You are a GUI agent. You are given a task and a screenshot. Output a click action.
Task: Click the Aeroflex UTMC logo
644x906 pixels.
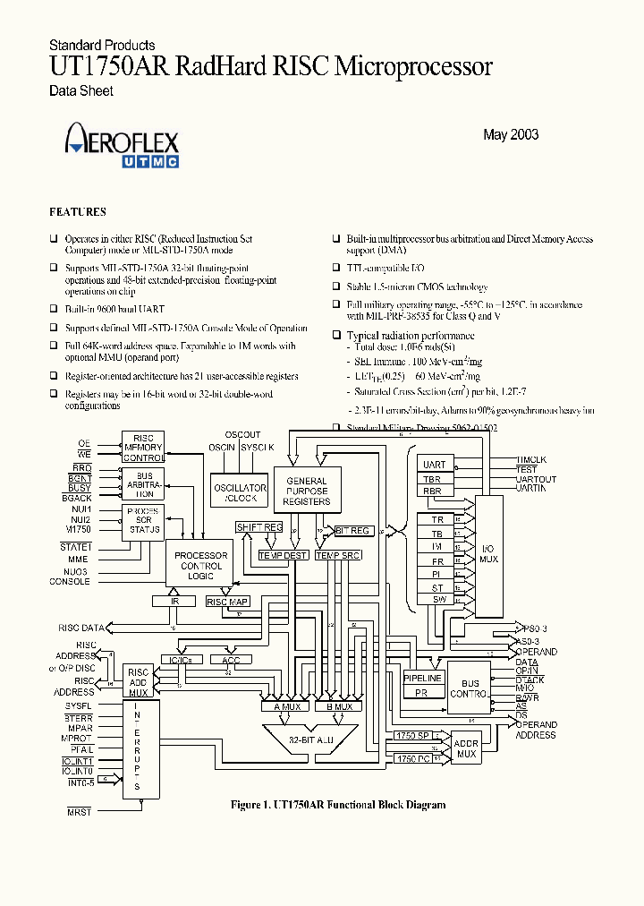pos(122,148)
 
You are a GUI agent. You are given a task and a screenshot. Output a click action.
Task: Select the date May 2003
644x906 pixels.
pos(510,135)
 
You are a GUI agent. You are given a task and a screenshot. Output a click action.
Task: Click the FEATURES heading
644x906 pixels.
pos(77,212)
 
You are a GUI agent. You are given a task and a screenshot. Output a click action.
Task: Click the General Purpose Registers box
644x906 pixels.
pos(307,491)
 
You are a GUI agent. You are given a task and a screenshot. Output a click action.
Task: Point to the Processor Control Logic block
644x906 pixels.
pos(201,566)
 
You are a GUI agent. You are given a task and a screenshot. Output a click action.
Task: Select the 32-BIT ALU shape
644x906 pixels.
pos(310,739)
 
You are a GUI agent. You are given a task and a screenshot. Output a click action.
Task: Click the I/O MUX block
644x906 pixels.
pos(488,560)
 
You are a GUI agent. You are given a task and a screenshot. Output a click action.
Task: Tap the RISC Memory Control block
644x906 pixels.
pos(144,448)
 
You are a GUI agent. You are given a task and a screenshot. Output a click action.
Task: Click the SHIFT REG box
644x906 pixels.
pos(259,528)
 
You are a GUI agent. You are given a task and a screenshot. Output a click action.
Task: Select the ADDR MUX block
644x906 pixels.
pos(465,748)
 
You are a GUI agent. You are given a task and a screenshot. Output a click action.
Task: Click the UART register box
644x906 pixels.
pos(436,465)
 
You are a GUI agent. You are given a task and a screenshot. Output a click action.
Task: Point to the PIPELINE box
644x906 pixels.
pos(423,679)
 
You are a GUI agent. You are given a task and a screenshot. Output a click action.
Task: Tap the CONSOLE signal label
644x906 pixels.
pos(70,582)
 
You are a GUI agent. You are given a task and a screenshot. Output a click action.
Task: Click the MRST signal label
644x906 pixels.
pos(79,810)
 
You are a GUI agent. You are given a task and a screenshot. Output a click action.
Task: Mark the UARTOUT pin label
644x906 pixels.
pos(536,479)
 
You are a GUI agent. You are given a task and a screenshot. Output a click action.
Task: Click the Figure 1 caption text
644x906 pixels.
pos(338,805)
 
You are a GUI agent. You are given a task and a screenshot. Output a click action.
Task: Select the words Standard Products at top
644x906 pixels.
pos(102,45)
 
